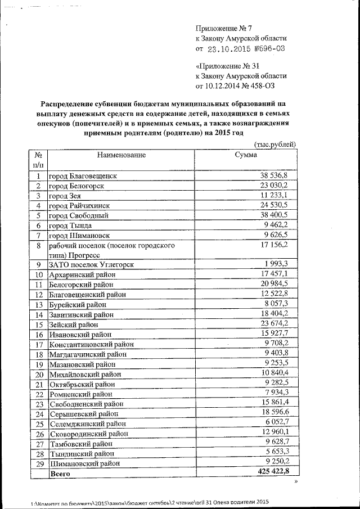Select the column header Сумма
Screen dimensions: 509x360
246,155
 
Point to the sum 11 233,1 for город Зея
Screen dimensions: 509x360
274,195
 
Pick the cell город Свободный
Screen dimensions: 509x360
78,215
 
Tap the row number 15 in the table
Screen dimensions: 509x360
39,325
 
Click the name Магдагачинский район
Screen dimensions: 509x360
87,354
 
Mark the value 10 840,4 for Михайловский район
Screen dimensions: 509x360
274,373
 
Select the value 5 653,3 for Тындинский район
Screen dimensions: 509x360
276,453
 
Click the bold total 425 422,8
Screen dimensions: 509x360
272,472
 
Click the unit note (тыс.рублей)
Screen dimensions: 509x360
275,145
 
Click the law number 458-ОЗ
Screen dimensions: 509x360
261,86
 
